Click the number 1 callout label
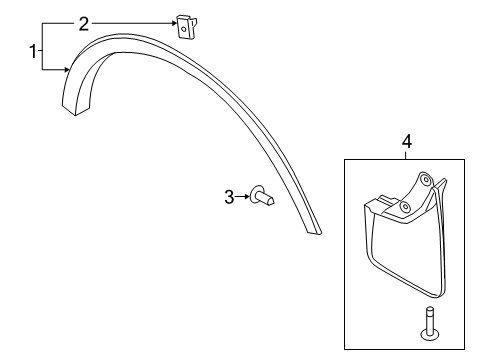[x=34, y=52]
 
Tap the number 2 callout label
[x=83, y=22]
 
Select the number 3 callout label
[x=228, y=198]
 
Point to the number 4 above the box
[x=406, y=142]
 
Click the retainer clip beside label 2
[x=185, y=24]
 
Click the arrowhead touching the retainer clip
[x=172, y=22]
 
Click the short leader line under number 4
[x=406, y=154]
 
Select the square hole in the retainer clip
[x=184, y=28]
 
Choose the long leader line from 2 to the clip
[x=130, y=22]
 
